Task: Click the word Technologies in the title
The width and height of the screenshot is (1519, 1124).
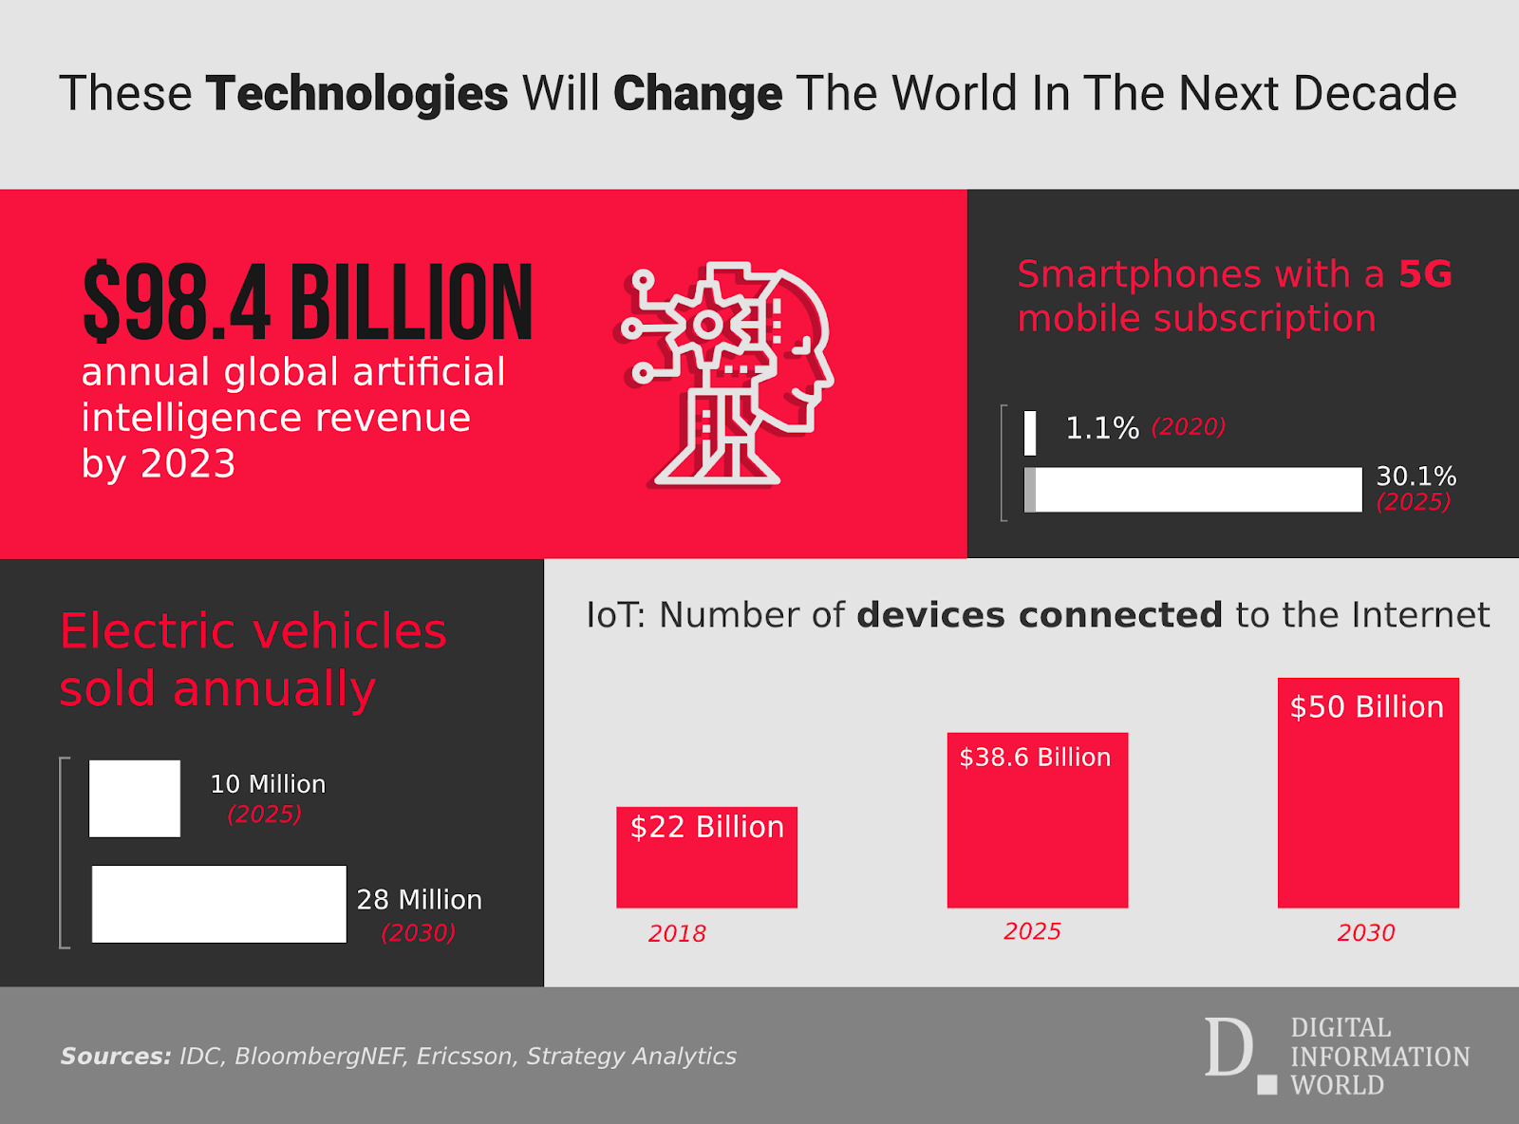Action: (x=357, y=94)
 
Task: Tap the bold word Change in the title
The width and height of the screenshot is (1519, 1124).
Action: (x=698, y=94)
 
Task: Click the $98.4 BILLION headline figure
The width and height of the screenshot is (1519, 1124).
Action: (x=308, y=303)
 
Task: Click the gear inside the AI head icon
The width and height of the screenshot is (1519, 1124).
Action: (x=707, y=326)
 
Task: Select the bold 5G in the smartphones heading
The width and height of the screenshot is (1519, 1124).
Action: (x=1425, y=274)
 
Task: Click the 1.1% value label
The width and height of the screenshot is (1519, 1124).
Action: (x=1101, y=428)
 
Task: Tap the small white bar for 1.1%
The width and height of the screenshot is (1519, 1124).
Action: (x=1030, y=432)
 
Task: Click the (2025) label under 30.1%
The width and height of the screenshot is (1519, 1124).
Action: (x=1414, y=502)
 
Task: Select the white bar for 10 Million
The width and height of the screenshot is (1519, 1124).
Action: (x=135, y=798)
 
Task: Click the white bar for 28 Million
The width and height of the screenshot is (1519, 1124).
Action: (x=219, y=904)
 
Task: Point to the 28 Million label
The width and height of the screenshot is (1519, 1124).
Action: (x=419, y=900)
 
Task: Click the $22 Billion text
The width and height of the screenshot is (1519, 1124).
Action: (x=707, y=827)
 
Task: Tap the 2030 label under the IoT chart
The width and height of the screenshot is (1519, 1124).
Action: (x=1366, y=933)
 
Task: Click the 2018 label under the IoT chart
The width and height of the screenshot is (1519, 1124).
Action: (x=677, y=934)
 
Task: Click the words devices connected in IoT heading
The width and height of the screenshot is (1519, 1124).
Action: (x=1039, y=615)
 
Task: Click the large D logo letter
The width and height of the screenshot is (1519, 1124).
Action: (x=1228, y=1048)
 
